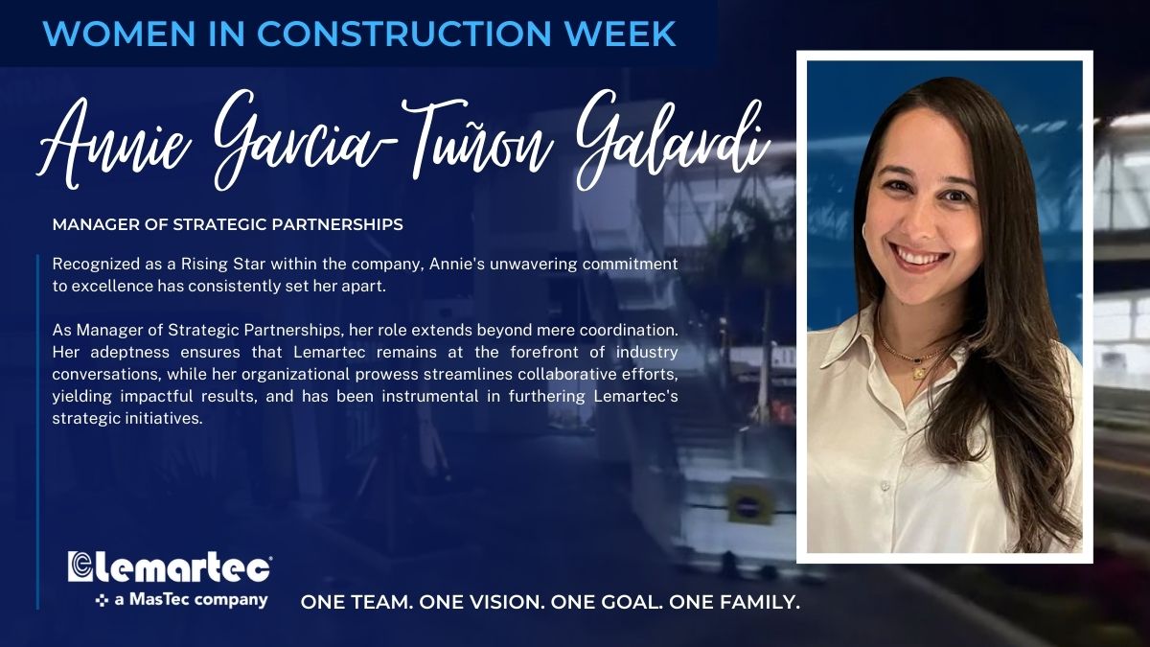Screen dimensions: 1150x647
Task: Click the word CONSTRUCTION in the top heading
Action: tap(404, 34)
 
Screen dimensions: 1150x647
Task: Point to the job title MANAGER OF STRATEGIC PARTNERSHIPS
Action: tap(227, 224)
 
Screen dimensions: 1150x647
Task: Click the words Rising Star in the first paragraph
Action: tap(223, 265)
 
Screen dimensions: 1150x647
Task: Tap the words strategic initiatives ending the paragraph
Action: tap(127, 419)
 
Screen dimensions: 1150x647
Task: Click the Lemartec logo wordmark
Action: tap(170, 566)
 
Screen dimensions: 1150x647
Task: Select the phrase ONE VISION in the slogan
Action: tap(481, 602)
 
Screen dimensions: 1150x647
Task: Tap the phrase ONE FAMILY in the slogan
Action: tap(734, 602)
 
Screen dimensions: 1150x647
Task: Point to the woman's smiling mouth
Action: tap(919, 258)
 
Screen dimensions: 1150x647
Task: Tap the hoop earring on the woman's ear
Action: tap(863, 235)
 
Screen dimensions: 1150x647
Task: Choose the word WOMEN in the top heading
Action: tap(119, 34)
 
